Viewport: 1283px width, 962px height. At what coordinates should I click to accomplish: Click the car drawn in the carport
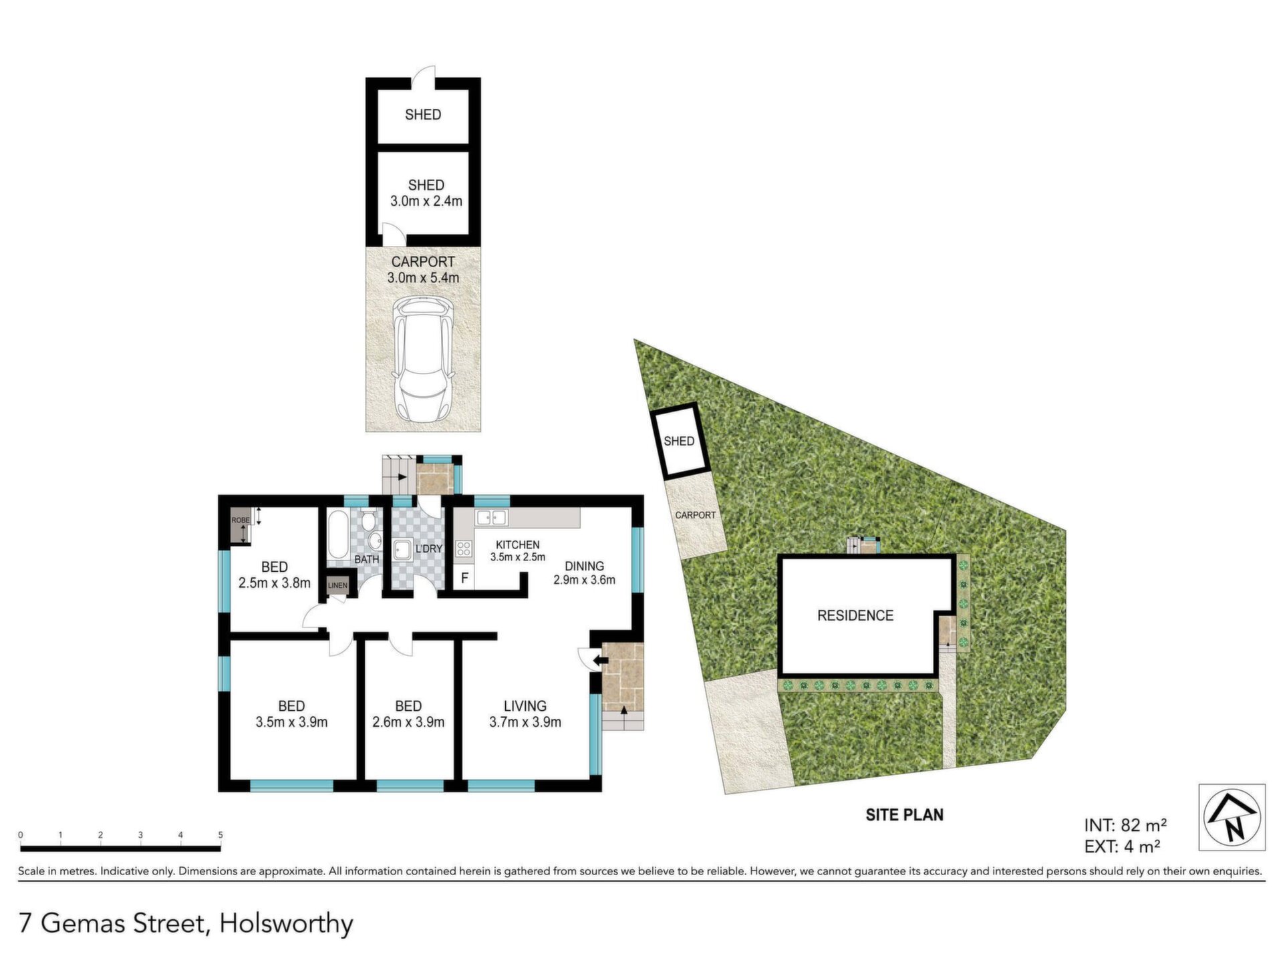tap(423, 359)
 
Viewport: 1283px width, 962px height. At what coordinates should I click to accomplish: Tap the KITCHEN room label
tap(517, 545)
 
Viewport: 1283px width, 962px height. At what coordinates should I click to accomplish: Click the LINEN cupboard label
tap(337, 586)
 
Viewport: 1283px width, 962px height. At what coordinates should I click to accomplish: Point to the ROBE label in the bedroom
tap(241, 520)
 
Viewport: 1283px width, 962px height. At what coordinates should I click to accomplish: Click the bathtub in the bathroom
tap(338, 534)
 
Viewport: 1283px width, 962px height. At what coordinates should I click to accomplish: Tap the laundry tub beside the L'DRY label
tap(402, 550)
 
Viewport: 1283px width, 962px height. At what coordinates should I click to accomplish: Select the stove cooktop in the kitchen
tap(464, 549)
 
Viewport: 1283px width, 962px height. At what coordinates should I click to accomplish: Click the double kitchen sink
tap(492, 517)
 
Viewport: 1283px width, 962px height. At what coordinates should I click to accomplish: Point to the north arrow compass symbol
tap(1232, 817)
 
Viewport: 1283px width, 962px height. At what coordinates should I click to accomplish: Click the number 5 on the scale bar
tap(221, 835)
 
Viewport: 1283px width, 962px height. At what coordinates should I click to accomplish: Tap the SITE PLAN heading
tap(905, 814)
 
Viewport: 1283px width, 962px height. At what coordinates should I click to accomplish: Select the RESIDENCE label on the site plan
tap(855, 615)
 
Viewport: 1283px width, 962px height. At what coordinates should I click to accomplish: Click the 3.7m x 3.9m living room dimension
tap(525, 722)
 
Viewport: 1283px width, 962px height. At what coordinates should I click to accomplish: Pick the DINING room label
tap(584, 566)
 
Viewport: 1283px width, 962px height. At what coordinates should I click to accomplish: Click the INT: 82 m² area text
tap(1126, 825)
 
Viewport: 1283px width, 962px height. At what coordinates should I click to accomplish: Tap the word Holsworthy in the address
tap(287, 925)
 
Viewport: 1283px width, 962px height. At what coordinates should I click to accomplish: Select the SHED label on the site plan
tap(679, 441)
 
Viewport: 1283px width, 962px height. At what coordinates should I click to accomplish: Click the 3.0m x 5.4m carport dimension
tap(423, 277)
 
